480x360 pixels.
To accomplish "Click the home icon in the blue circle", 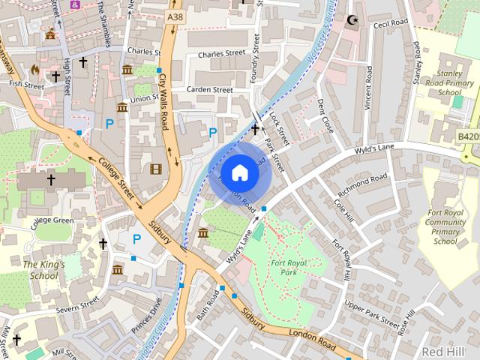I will point(239,172).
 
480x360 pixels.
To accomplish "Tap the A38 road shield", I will point(175,16).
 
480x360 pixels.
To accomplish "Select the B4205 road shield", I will point(468,137).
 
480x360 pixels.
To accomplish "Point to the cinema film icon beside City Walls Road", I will point(156,169).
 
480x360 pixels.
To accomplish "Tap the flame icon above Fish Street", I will point(34,68).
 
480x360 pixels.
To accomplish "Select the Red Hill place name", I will point(442,351).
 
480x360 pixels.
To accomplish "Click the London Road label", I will point(312,339).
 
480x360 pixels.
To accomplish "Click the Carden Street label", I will point(210,90).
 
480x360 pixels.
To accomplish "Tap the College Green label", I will point(52,221).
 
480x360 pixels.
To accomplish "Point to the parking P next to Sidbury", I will point(136,239).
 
